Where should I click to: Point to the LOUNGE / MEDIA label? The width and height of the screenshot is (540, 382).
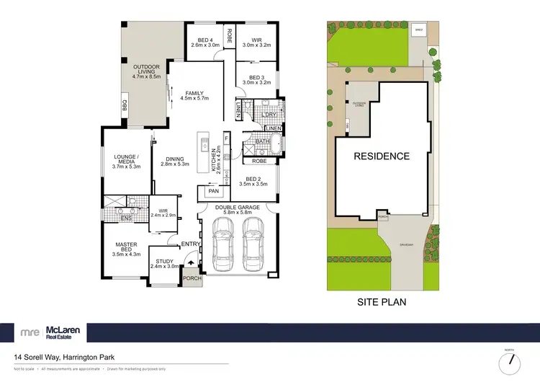pos(126,160)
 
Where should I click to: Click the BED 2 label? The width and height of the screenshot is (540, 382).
pos(256,181)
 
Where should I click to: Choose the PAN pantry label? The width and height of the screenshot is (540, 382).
pos(213,191)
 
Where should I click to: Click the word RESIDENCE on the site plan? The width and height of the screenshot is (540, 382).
pos(381,156)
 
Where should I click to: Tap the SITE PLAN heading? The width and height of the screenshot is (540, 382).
pos(381,303)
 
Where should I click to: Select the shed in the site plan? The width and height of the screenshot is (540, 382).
pos(419,30)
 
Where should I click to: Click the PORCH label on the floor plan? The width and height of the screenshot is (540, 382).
pos(192,278)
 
